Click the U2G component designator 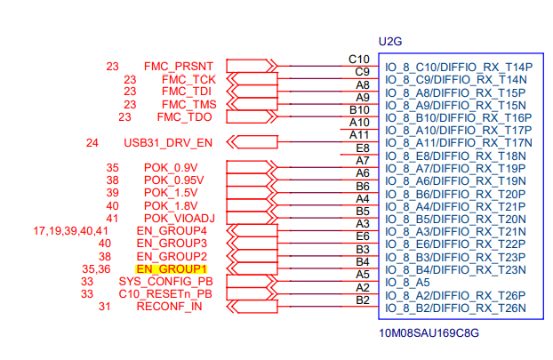point(391,42)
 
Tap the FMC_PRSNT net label point(178,66)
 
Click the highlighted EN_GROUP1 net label point(172,268)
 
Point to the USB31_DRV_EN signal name point(168,142)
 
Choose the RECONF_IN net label point(169,307)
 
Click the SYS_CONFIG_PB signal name point(165,281)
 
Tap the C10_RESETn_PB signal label point(165,293)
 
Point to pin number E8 point(362,148)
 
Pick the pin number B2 point(362,300)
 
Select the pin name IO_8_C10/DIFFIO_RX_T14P point(458,67)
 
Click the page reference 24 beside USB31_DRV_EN point(92,142)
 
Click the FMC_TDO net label point(184,116)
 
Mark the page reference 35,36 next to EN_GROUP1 point(95,268)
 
